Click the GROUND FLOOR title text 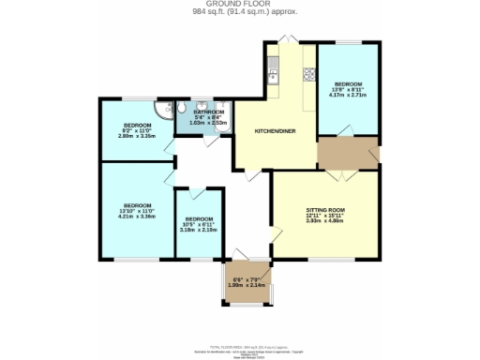239,5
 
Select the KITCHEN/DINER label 275,131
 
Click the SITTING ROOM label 325,210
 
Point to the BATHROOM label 209,112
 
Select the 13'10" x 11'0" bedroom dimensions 137,211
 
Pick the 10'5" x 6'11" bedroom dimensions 198,225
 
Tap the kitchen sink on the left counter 272,67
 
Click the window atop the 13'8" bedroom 350,43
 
